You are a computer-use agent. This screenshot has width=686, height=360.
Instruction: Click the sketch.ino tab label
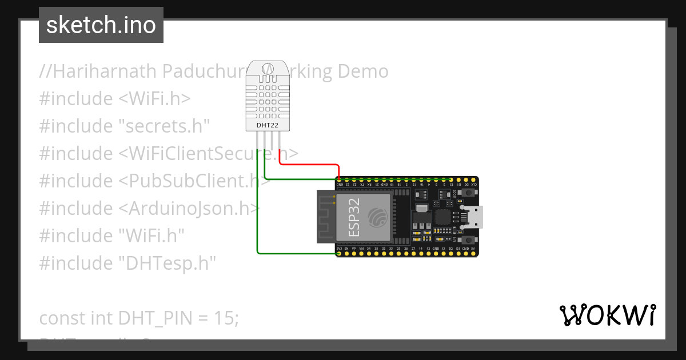pyautogui.click(x=101, y=25)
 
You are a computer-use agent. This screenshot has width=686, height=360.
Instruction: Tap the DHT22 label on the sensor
pyautogui.click(x=267, y=123)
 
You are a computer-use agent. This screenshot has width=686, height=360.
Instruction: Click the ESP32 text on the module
pyautogui.click(x=354, y=218)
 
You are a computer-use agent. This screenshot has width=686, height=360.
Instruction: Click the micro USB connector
pyautogui.click(x=474, y=217)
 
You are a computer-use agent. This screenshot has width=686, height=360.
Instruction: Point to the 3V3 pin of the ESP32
pyautogui.click(x=340, y=254)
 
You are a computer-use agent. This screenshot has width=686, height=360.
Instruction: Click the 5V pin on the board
pyautogui.click(x=473, y=254)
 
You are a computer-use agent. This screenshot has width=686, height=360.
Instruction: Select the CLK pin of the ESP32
pyautogui.click(x=473, y=180)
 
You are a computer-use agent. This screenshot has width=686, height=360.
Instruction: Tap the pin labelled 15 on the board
pyautogui.click(x=451, y=180)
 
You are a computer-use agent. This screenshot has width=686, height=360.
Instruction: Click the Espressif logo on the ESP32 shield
pyautogui.click(x=378, y=218)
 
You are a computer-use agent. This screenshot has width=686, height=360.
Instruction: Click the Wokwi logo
pyautogui.click(x=607, y=315)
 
